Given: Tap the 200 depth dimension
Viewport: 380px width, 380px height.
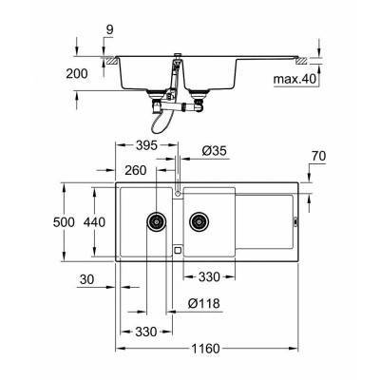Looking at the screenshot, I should click(x=79, y=73).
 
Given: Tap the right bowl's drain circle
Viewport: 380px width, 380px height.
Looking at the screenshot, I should click(x=199, y=222).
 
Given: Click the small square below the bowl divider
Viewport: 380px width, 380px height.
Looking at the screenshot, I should click(x=177, y=249).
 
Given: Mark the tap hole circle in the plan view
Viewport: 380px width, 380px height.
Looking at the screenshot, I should click(x=178, y=194).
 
